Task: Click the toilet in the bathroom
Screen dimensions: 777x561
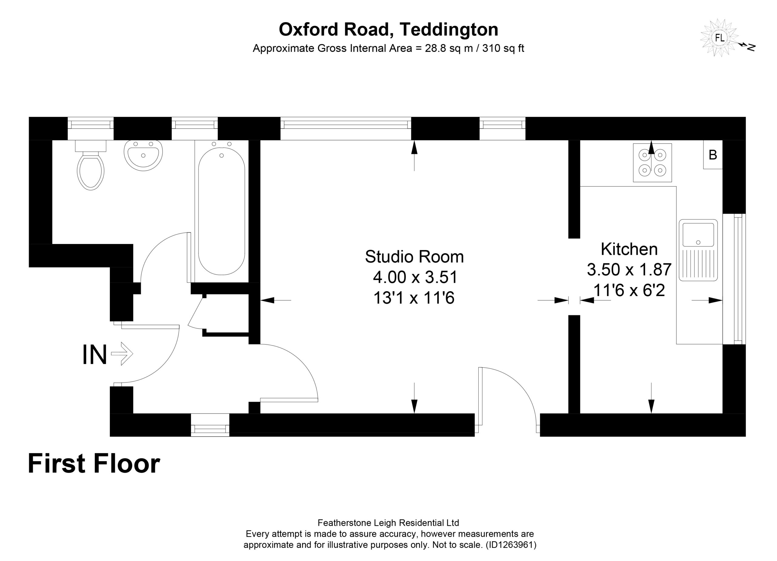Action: (90, 165)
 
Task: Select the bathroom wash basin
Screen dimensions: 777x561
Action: (143, 155)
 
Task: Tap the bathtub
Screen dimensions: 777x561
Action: (222, 211)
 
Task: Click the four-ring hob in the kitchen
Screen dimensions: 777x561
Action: (652, 162)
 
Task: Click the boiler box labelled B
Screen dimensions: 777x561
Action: (713, 154)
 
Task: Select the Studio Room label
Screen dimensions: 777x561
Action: (414, 256)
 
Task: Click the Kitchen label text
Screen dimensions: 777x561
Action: (629, 249)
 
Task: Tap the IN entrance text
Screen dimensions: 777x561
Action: (95, 354)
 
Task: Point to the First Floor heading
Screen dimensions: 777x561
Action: (94, 463)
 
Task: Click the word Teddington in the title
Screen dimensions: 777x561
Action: (449, 29)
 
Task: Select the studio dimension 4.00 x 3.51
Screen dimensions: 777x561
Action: (415, 277)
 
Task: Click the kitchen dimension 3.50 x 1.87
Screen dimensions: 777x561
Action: (629, 269)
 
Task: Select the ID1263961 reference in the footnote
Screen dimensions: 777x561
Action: (511, 545)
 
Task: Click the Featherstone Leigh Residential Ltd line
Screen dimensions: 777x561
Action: (388, 523)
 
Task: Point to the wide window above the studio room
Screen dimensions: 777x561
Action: (346, 128)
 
